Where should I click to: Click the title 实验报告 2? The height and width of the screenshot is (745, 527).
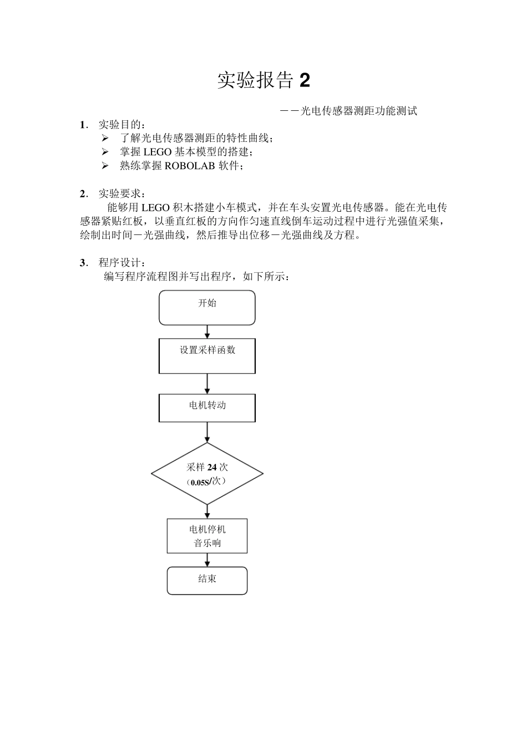pyautogui.click(x=263, y=81)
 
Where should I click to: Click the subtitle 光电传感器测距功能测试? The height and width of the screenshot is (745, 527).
pyautogui.click(x=358, y=111)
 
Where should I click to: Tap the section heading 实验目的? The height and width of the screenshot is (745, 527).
pyautogui.click(x=121, y=124)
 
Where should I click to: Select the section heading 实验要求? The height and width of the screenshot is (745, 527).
pyautogui.click(x=121, y=193)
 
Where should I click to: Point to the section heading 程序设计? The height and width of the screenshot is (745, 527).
pyautogui.click(x=121, y=262)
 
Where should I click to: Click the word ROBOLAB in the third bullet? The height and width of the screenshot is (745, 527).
pyautogui.click(x=190, y=166)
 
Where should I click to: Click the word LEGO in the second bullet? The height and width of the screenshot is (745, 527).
pyautogui.click(x=157, y=152)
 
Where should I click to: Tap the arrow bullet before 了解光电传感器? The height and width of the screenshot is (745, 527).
pyautogui.click(x=105, y=138)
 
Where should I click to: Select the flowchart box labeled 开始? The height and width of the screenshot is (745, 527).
pyautogui.click(x=207, y=308)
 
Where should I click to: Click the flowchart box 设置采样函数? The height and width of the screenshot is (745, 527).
pyautogui.click(x=207, y=356)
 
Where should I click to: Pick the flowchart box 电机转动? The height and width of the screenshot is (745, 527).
pyautogui.click(x=207, y=408)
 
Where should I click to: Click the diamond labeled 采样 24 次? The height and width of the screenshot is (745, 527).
pyautogui.click(x=207, y=474)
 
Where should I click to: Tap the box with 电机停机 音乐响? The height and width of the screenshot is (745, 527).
pyautogui.click(x=207, y=536)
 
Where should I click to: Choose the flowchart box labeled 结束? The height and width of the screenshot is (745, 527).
pyautogui.click(x=207, y=580)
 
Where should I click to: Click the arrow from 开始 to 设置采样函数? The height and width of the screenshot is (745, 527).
pyautogui.click(x=207, y=331)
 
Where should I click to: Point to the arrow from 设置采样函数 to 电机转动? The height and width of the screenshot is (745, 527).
pyautogui.click(x=207, y=384)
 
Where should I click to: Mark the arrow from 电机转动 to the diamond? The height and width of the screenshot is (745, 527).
pyautogui.click(x=207, y=432)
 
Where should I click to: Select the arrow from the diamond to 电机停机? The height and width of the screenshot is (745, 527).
pyautogui.click(x=207, y=512)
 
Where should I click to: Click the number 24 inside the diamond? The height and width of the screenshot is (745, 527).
pyautogui.click(x=212, y=467)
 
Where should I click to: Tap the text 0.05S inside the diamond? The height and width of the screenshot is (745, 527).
pyautogui.click(x=200, y=482)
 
